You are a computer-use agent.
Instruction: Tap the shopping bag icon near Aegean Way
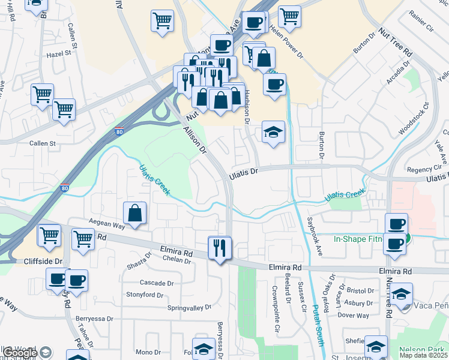point(135,214)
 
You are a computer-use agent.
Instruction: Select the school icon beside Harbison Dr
point(273,133)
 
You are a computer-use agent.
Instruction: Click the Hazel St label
point(59,54)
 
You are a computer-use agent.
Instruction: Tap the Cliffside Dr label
point(43,262)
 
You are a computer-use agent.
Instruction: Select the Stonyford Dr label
point(145,295)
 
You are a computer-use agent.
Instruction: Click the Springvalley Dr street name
point(190,307)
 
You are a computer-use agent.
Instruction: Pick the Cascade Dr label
point(156,283)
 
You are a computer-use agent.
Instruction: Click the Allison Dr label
point(194,139)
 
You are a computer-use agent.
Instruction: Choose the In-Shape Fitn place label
point(358,239)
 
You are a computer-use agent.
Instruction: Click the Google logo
point(20,353)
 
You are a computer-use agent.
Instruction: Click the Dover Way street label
point(353,315)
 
